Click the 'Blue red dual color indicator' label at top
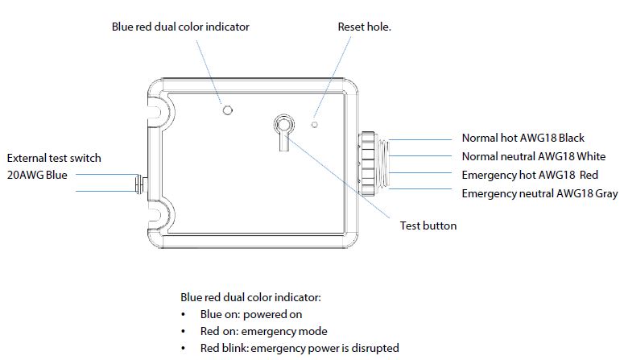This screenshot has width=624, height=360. coord(180,27)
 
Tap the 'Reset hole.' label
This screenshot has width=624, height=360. coord(364,27)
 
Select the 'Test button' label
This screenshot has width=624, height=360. coord(428,226)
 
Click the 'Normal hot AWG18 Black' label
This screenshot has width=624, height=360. coord(523,139)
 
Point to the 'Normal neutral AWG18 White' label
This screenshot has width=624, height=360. coord(533,156)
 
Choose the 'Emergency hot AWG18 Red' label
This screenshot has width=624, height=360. coord(529,175)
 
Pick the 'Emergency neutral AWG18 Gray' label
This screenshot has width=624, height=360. coord(539,193)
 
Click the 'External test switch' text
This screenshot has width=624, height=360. coord(54,158)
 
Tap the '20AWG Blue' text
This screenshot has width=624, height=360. coord(39,175)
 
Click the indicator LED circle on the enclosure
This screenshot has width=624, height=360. coord(228,110)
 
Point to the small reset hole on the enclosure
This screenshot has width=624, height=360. coord(315,125)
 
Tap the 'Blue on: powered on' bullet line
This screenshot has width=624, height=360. coord(251,314)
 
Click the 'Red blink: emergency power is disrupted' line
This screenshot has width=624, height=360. coord(300,348)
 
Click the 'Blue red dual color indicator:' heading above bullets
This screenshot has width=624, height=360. coord(251,296)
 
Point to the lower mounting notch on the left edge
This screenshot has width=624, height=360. coord(156,215)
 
